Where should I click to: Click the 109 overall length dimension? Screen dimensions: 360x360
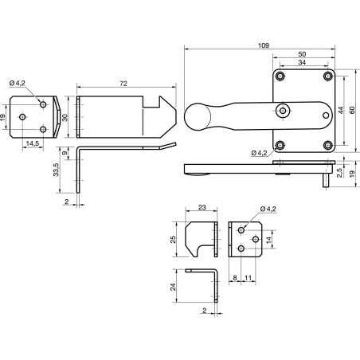click(262, 45)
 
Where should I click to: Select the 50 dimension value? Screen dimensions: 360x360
click(302, 55)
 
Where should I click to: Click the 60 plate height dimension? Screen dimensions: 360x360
click(351, 112)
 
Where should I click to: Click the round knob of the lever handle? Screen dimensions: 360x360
click(197, 117)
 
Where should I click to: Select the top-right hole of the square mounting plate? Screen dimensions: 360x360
click(328, 77)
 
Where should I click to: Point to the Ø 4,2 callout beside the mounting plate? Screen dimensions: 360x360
click(259, 152)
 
